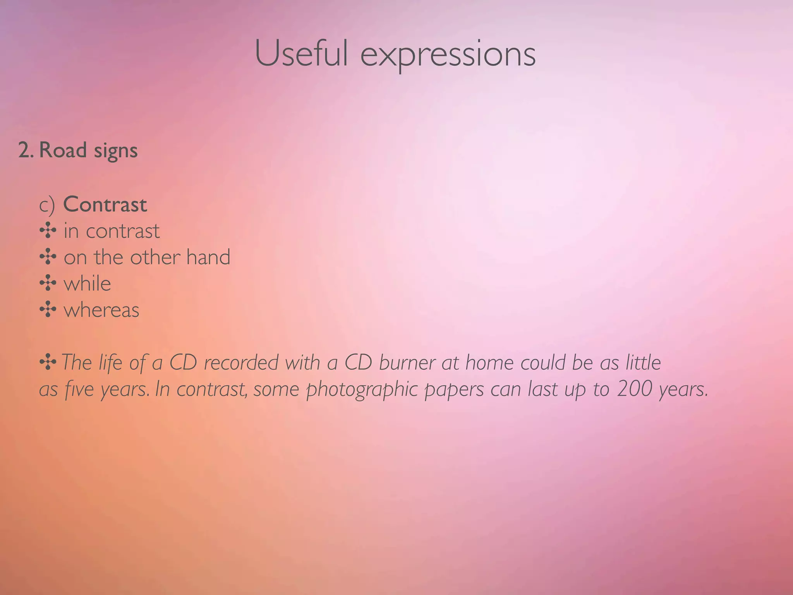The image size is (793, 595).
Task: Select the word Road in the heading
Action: (x=63, y=150)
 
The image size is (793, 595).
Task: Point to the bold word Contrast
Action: (x=105, y=205)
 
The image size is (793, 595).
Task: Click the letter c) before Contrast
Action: (x=47, y=205)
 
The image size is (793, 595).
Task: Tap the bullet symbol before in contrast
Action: (x=48, y=231)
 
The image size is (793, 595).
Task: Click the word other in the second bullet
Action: (x=155, y=257)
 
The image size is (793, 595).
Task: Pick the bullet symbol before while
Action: (x=48, y=283)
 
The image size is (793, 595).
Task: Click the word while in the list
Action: (x=87, y=284)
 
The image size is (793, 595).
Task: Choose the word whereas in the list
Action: (x=101, y=310)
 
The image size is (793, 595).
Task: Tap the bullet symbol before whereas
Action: (x=48, y=310)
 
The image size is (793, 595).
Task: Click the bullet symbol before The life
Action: (x=48, y=363)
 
